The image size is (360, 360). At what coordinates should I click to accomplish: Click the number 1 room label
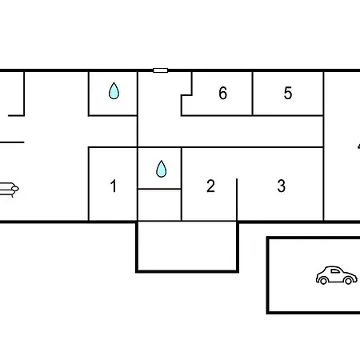114,186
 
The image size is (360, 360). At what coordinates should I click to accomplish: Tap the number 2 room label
210,186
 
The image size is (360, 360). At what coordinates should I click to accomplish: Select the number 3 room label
282,186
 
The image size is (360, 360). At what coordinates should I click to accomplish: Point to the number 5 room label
288,93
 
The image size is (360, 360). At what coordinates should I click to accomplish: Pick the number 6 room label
223,93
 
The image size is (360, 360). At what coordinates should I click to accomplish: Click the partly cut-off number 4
358,146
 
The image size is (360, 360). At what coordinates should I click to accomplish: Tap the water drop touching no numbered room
114,90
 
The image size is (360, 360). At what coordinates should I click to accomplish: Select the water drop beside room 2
162,169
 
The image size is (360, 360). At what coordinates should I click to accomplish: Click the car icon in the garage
337,275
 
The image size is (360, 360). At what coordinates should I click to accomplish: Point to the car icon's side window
335,271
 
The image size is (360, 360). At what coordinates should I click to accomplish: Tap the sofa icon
10,190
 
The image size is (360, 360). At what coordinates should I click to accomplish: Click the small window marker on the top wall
161,70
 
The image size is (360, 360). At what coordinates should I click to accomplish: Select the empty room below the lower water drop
159,205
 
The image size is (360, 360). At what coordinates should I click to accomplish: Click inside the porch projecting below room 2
187,246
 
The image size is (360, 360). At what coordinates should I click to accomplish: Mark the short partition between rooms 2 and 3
237,200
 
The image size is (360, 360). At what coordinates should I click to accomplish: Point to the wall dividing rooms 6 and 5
252,94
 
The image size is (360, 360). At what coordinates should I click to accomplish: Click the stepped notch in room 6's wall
186,95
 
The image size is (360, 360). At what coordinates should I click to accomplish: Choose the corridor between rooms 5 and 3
230,131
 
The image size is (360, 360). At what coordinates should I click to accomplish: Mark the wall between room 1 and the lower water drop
138,184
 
